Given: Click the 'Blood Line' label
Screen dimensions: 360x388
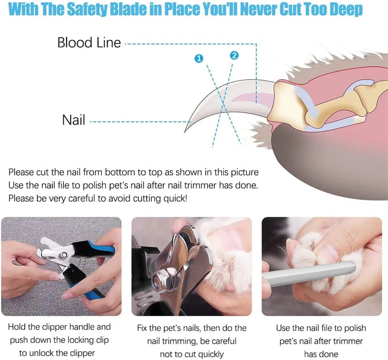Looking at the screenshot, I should click(89, 43).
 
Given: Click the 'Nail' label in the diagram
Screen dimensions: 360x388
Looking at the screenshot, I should click(74, 120).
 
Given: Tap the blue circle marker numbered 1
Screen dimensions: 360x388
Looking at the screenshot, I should click(198, 59).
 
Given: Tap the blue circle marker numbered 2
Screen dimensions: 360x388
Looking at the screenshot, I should click(234, 56).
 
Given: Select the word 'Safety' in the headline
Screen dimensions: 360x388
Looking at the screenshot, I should click(94, 9).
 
